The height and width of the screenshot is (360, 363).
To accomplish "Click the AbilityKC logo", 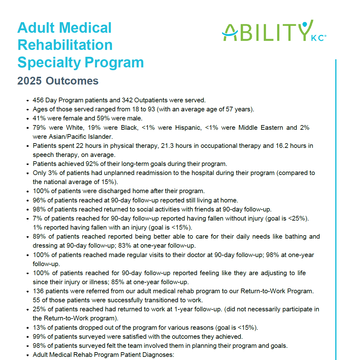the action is tap(274, 31).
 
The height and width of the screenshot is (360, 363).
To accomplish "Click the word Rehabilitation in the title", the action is tap(65, 45).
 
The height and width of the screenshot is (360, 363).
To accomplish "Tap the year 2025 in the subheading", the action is tap(30, 81).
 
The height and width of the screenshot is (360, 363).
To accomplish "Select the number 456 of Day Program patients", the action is tap(38, 100).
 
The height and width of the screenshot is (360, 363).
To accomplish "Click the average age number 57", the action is tap(229, 109).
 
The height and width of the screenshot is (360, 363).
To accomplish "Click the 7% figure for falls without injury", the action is tap(37, 218).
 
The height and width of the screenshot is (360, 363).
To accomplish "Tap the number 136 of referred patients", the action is tap(38, 291).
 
